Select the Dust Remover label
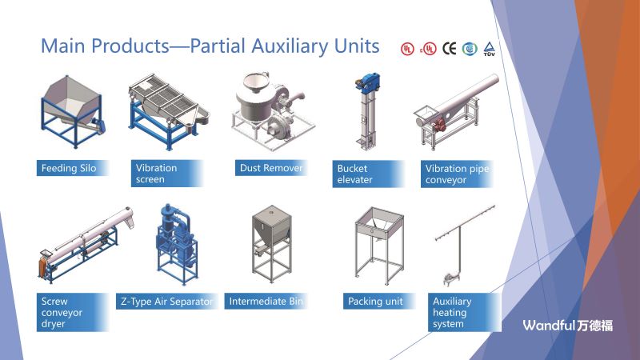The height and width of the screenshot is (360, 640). (271, 168)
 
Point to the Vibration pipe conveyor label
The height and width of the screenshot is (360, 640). (457, 174)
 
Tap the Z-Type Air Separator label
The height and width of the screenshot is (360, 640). (167, 302)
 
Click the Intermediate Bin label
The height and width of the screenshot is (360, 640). (266, 302)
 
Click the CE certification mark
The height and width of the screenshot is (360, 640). (450, 49)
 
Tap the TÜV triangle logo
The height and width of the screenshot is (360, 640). (489, 49)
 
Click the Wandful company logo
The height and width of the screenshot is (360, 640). (568, 326)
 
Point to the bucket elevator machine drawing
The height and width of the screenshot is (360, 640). (367, 111)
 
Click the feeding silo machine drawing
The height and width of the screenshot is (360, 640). (73, 111)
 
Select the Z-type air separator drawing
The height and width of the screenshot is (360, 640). (176, 244)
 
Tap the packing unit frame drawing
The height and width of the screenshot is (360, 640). (379, 246)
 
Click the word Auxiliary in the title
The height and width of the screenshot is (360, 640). (290, 46)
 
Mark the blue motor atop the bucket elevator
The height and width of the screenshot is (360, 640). (367, 82)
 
